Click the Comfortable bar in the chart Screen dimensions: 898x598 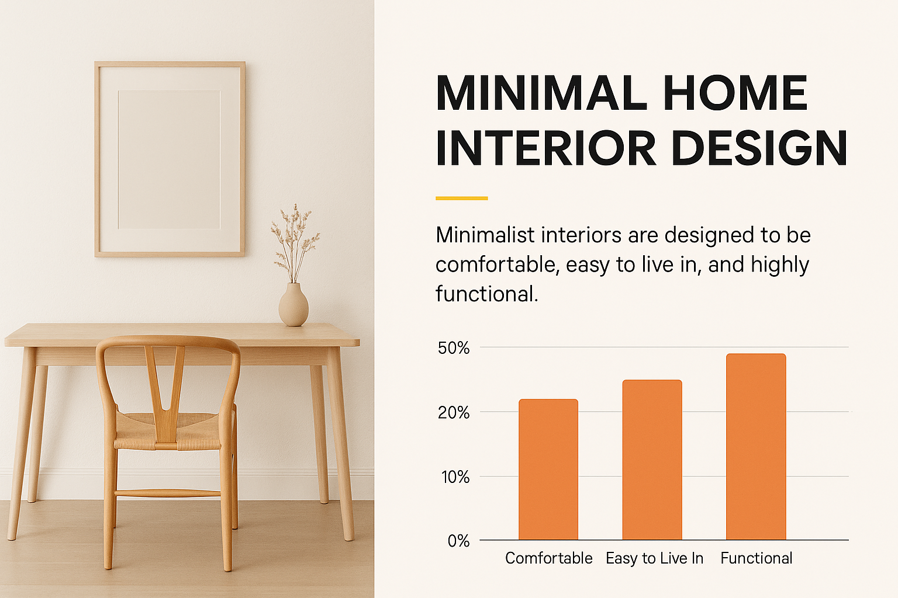[548, 470]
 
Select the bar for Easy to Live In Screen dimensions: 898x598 [652, 460]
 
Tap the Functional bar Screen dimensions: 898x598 [756, 447]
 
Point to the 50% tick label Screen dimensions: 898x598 [454, 348]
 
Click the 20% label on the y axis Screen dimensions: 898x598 [454, 412]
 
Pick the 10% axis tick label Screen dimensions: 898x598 [455, 477]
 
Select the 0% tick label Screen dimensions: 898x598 [458, 541]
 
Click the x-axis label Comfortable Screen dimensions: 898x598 [549, 558]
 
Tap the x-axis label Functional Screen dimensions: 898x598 [757, 558]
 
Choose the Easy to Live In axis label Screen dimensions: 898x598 [654, 558]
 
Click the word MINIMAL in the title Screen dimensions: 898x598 [541, 93]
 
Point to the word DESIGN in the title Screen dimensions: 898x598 [759, 147]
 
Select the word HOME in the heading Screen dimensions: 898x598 [735, 93]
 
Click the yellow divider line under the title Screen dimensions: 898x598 [462, 199]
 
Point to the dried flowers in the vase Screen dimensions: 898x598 [295, 243]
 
